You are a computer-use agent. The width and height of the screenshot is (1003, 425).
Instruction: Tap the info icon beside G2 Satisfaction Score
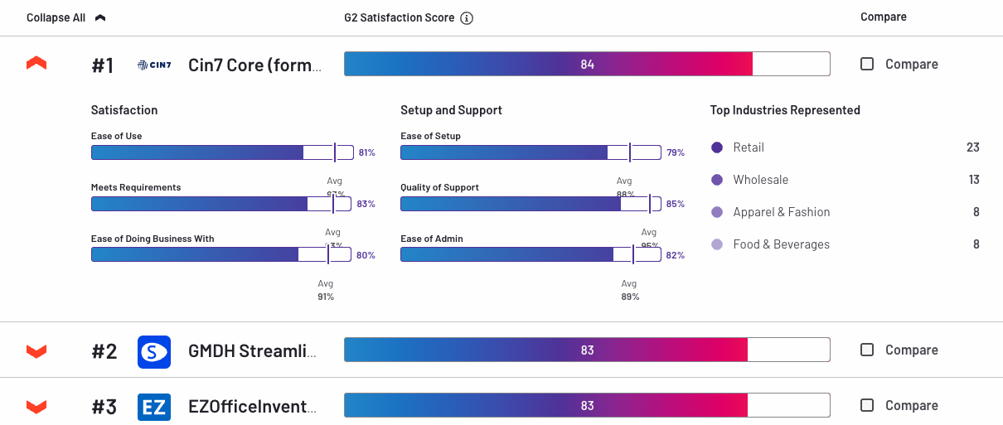[467, 18]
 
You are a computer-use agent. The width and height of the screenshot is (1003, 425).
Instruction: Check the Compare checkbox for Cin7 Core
[867, 64]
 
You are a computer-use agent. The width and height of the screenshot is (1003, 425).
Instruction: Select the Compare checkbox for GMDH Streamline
[867, 350]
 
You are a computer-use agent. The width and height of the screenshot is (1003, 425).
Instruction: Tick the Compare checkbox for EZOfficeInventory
[867, 405]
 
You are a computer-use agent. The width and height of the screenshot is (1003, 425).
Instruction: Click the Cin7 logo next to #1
[154, 65]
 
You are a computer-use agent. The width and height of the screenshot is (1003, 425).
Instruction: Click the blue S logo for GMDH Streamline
[154, 351]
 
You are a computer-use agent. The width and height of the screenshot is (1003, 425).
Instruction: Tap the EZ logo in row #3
[154, 407]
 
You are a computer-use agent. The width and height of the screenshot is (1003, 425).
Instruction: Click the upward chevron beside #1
[36, 64]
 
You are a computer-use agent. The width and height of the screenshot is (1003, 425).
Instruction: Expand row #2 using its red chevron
[36, 351]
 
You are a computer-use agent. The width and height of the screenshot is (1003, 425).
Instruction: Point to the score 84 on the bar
[587, 65]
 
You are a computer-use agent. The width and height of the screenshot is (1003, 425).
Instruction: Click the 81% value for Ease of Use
[366, 153]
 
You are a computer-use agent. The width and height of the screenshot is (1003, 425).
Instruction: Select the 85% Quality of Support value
[676, 204]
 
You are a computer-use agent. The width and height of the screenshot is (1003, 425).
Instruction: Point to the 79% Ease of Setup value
[676, 153]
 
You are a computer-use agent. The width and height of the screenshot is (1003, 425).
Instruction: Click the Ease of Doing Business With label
[153, 239]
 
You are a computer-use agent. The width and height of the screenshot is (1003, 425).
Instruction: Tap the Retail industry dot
[717, 147]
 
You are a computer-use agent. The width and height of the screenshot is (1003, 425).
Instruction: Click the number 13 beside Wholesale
[974, 180]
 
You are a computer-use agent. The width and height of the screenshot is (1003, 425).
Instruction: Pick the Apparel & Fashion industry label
[781, 212]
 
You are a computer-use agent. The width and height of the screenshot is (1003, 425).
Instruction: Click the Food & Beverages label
[781, 244]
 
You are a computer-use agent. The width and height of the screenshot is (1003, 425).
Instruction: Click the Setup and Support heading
[451, 110]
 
